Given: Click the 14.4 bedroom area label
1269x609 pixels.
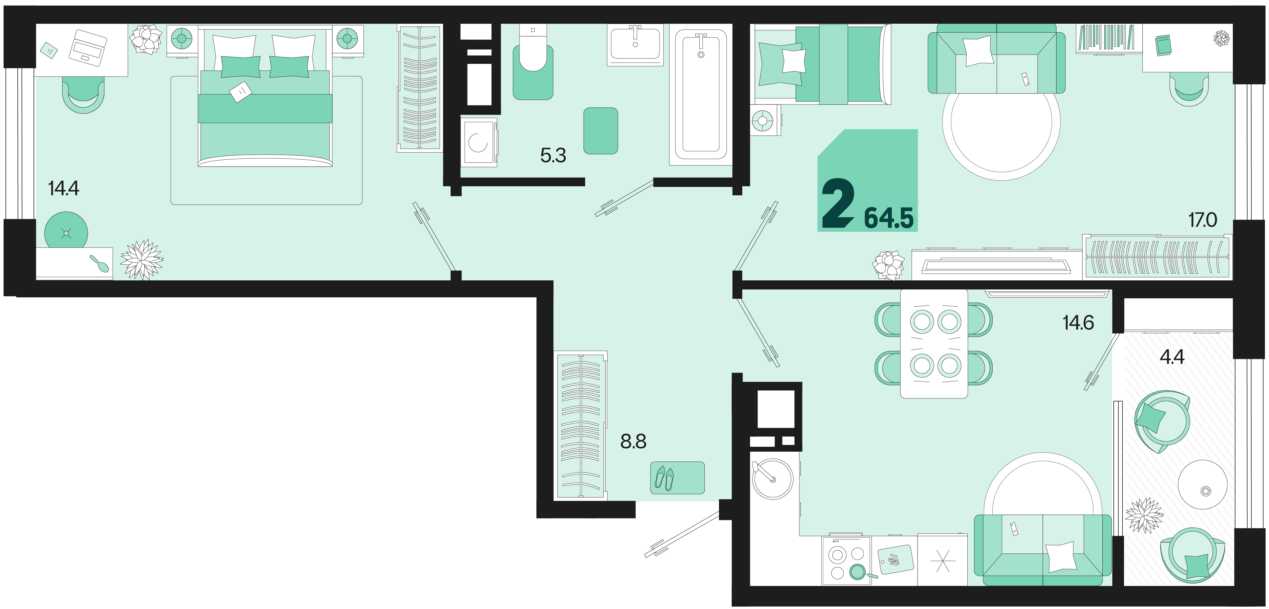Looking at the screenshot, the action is pos(64,188).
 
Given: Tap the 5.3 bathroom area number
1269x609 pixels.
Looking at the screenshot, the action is pos(553,155).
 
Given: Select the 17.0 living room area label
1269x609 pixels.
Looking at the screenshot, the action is pos(1202,220).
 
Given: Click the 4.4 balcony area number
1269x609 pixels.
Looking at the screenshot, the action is pos(1172,356).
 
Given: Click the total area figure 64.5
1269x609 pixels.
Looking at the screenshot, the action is pos(889,218).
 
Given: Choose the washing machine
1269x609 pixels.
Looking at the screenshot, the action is pos(479,142).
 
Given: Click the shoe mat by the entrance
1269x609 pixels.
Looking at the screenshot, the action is pos(677,477).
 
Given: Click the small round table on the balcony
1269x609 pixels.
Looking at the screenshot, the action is pos(1202,484).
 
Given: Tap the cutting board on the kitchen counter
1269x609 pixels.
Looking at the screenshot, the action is pos(896,560).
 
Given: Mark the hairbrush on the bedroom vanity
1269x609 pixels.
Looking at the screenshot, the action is pos(99,264).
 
